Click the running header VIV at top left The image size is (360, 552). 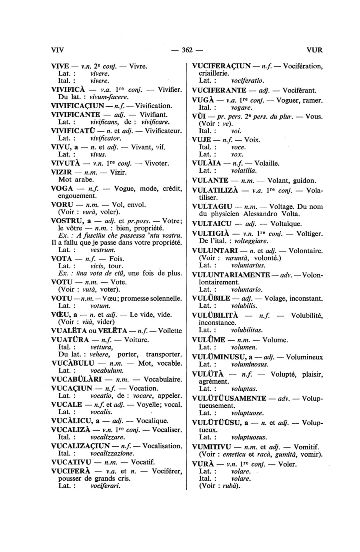57,50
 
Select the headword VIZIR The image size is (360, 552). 62,172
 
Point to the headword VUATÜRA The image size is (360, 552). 70,340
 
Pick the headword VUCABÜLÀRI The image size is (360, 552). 76,379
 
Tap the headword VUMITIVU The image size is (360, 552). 212,447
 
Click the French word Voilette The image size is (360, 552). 170,331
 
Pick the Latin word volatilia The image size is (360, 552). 244,171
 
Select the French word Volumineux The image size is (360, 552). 304,357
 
